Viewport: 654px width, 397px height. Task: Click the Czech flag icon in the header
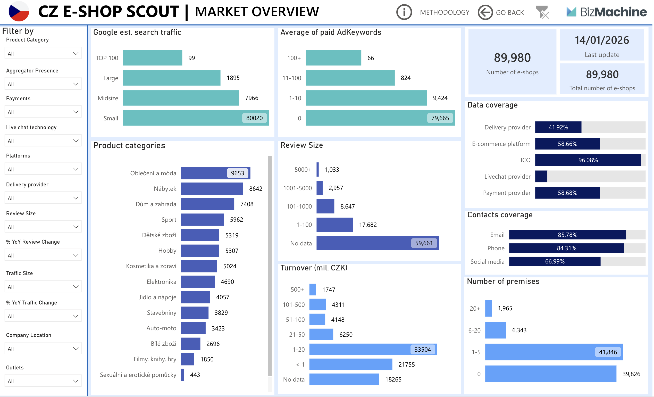pyautogui.click(x=19, y=12)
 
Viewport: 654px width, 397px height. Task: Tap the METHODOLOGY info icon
pyautogui.click(x=404, y=12)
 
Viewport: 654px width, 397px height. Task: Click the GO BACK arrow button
pyautogui.click(x=485, y=12)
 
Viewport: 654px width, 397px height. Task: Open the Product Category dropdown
pyautogui.click(x=43, y=53)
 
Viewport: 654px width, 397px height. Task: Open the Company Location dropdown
pyautogui.click(x=43, y=348)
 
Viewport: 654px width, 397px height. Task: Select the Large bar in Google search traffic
pyautogui.click(x=171, y=78)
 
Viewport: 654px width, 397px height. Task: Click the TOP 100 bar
pyautogui.click(x=152, y=58)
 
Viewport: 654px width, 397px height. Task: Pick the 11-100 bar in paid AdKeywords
pyautogui.click(x=350, y=78)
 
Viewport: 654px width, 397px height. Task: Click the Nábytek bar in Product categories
pyautogui.click(x=212, y=188)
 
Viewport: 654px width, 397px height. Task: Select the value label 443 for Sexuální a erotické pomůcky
pyautogui.click(x=195, y=375)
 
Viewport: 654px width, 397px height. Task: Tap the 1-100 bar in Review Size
pyautogui.click(x=334, y=225)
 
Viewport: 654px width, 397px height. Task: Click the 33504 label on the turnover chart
pyautogui.click(x=423, y=350)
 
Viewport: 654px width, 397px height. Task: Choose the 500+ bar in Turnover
pyautogui.click(x=313, y=290)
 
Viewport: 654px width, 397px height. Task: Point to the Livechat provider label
pyautogui.click(x=507, y=177)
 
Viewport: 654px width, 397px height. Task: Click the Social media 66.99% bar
pyautogui.click(x=554, y=261)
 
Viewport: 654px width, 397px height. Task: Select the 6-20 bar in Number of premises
pyautogui.click(x=495, y=330)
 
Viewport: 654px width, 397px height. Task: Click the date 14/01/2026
pyautogui.click(x=601, y=40)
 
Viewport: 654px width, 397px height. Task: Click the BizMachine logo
pyautogui.click(x=606, y=12)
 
